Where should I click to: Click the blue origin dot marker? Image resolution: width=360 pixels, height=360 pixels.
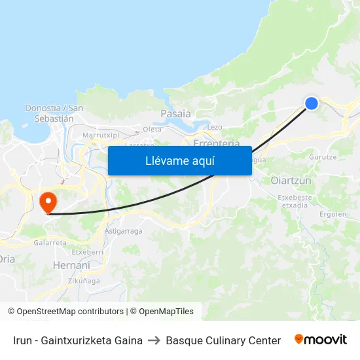click(312, 103)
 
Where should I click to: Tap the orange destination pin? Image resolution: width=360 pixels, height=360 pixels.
click(48, 200)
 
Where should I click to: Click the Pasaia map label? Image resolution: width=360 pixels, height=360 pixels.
click(175, 114)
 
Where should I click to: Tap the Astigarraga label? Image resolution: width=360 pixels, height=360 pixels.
click(123, 230)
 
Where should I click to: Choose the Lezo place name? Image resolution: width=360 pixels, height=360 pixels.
click(215, 127)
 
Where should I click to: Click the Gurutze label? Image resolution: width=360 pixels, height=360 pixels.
click(323, 157)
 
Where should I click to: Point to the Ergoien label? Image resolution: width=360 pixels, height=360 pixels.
click(334, 214)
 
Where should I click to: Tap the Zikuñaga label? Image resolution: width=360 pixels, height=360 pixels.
click(84, 281)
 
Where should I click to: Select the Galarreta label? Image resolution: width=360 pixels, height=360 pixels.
click(50, 242)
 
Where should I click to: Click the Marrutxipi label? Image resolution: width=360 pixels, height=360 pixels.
click(101, 135)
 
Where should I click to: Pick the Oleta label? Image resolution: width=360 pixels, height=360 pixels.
click(152, 129)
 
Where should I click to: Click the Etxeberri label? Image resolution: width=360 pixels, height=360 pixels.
click(87, 251)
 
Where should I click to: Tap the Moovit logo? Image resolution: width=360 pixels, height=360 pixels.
click(321, 340)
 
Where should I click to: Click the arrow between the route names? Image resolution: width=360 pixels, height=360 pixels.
click(154, 340)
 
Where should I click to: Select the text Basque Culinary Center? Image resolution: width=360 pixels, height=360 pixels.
click(223, 340)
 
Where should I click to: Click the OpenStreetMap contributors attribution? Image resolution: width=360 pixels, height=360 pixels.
click(66, 312)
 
